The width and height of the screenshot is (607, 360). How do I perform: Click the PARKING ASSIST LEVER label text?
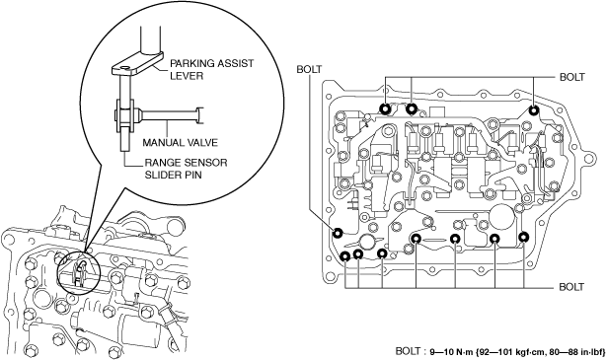point(212,69)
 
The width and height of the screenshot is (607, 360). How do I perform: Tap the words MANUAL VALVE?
point(180,142)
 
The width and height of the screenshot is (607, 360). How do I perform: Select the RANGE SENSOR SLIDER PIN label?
point(186,169)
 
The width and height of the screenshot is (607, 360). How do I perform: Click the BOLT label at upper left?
point(309,69)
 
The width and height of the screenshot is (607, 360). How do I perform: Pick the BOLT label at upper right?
point(572,77)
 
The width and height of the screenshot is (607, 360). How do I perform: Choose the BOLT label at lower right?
point(571,287)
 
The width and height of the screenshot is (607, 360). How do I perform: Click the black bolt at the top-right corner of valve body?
point(534,110)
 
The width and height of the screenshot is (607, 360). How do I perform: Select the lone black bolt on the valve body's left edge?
point(338,233)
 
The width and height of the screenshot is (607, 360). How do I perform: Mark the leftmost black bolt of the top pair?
point(385,109)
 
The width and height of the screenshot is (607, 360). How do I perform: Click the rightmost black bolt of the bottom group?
point(524,237)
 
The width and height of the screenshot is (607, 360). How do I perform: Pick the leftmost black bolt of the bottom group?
point(344,256)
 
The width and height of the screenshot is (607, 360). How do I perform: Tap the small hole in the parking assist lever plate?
point(124,68)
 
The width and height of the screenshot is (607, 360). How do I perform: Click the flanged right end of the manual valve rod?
point(199,115)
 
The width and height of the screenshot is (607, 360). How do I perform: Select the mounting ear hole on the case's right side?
point(589,159)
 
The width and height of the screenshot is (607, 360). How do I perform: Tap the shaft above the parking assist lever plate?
point(150,39)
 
